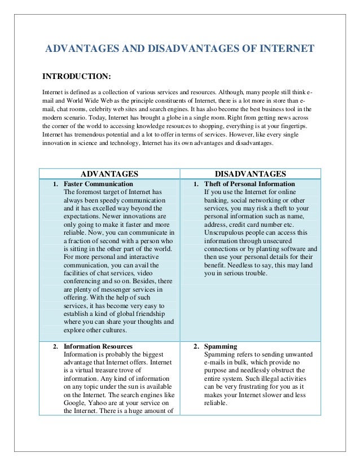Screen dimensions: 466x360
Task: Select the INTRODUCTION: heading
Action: [77, 76]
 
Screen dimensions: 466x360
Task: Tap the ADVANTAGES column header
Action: [109, 174]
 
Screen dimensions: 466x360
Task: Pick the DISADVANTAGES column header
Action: [251, 174]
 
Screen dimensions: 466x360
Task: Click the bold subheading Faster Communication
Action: [98, 184]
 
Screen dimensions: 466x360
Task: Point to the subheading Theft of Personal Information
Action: [249, 184]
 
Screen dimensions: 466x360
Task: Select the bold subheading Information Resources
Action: [98, 346]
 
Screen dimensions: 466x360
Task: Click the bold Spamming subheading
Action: [221, 346]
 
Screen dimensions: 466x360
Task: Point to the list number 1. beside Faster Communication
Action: [55, 184]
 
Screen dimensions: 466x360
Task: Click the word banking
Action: [218, 200]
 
